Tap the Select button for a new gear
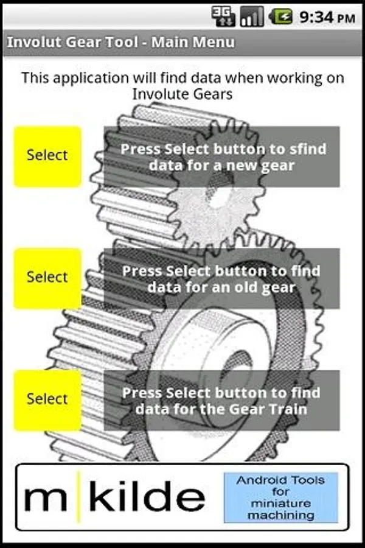pyautogui.click(x=47, y=156)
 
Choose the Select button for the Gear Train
pyautogui.click(x=47, y=400)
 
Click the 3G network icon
pyautogui.click(x=223, y=17)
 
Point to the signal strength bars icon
pyautogui.click(x=251, y=17)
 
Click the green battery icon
pyautogui.click(x=281, y=17)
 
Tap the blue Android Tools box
pyautogui.click(x=281, y=497)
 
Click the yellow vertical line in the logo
pyautogui.click(x=79, y=497)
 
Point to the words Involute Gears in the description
pyautogui.click(x=182, y=94)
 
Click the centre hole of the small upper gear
pyautogui.click(x=221, y=188)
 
